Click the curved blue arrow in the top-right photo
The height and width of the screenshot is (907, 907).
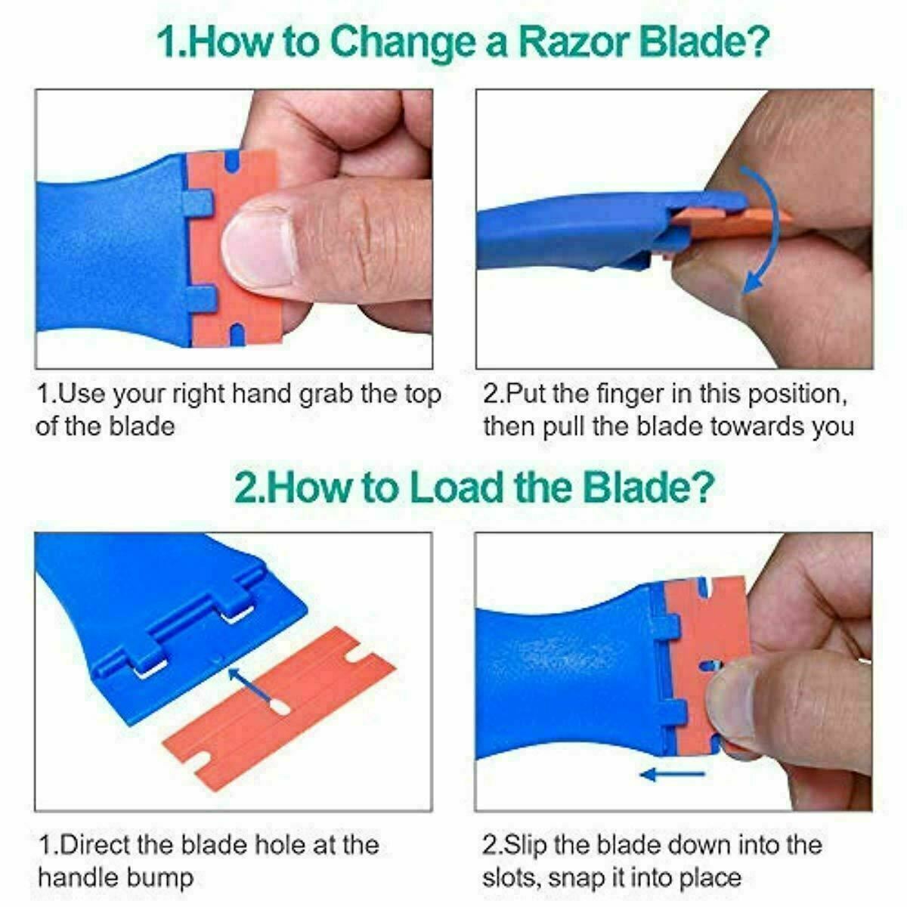pos(763,227)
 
